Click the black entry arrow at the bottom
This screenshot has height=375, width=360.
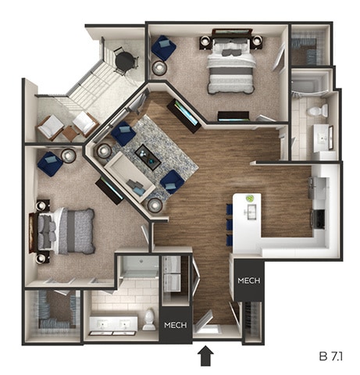pyautogui.click(x=206, y=356)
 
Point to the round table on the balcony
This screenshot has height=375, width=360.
pyautogui.click(x=123, y=59)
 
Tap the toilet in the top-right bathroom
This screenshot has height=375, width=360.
pyautogui.click(x=318, y=112)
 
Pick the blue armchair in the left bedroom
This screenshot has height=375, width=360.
pyautogui.click(x=49, y=163)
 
